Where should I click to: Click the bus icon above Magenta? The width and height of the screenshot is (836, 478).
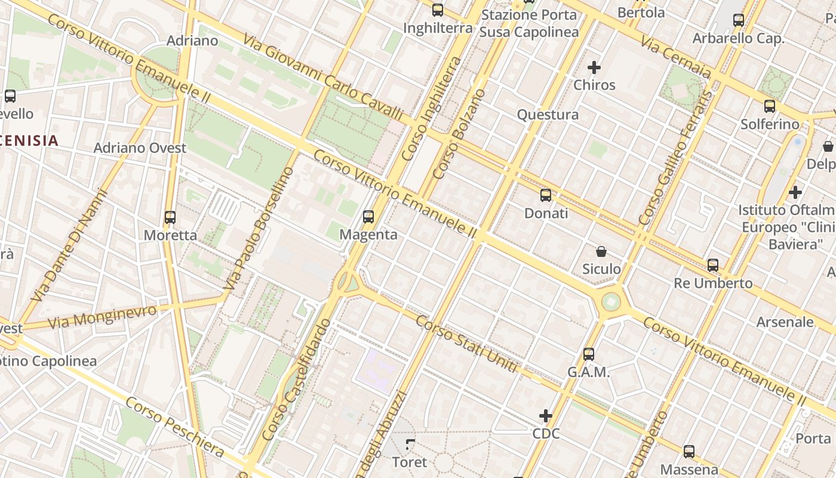point(368,217)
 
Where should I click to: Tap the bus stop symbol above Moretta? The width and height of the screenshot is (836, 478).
point(170,217)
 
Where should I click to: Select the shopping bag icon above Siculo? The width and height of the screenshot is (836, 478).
point(601,252)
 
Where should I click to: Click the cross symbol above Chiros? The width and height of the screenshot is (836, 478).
point(594,68)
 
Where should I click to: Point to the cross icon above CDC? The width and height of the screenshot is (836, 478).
point(546,416)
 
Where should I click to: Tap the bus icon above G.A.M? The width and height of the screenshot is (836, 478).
point(589,354)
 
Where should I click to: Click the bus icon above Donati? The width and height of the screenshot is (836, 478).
point(546,195)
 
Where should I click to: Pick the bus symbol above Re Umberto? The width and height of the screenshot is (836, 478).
point(713,265)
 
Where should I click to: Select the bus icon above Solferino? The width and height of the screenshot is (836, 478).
point(770,107)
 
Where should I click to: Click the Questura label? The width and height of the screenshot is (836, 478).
point(548,115)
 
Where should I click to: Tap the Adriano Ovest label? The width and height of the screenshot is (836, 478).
point(140,148)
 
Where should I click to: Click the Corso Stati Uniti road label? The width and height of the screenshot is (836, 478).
point(466,344)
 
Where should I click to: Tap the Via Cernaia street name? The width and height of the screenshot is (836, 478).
point(675,57)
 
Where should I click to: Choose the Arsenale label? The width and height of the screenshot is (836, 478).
point(785,322)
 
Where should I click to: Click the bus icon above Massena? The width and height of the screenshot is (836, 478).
point(689,452)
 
